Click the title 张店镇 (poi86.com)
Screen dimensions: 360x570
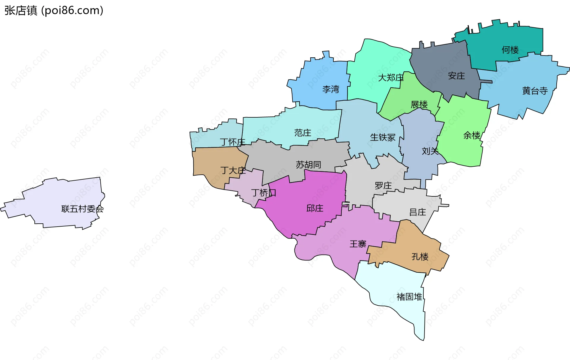tap(54, 10)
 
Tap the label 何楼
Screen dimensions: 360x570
tap(510, 50)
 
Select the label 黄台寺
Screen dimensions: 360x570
tap(535, 91)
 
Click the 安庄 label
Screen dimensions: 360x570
tap(456, 76)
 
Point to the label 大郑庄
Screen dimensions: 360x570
tap(391, 78)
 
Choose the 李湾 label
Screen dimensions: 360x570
tap(331, 89)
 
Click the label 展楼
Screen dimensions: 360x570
tap(419, 105)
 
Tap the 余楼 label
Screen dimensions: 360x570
tap(472, 135)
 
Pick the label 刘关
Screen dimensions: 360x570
tap(430, 151)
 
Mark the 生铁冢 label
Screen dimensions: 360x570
tap(383, 137)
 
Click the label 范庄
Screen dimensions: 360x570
tap(303, 132)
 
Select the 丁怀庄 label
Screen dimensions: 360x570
tap(232, 142)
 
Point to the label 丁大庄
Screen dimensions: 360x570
tap(233, 170)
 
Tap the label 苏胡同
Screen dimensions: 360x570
tap(308, 165)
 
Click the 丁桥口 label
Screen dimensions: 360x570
tap(264, 193)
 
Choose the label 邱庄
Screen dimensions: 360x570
tap(315, 208)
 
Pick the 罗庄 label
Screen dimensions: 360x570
tap(383, 186)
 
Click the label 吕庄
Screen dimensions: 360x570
tap(417, 212)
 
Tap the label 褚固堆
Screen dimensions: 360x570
tap(409, 297)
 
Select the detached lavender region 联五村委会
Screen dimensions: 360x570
tap(59, 205)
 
